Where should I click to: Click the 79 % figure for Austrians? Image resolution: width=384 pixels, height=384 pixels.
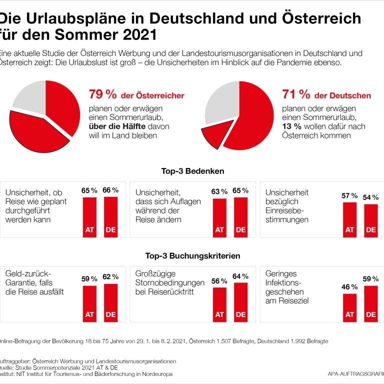(102, 94)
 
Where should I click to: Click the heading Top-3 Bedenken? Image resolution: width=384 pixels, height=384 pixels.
(192, 171)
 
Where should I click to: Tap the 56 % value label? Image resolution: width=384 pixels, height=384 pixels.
(219, 281)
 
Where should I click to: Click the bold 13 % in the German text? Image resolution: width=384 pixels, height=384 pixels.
(292, 126)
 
